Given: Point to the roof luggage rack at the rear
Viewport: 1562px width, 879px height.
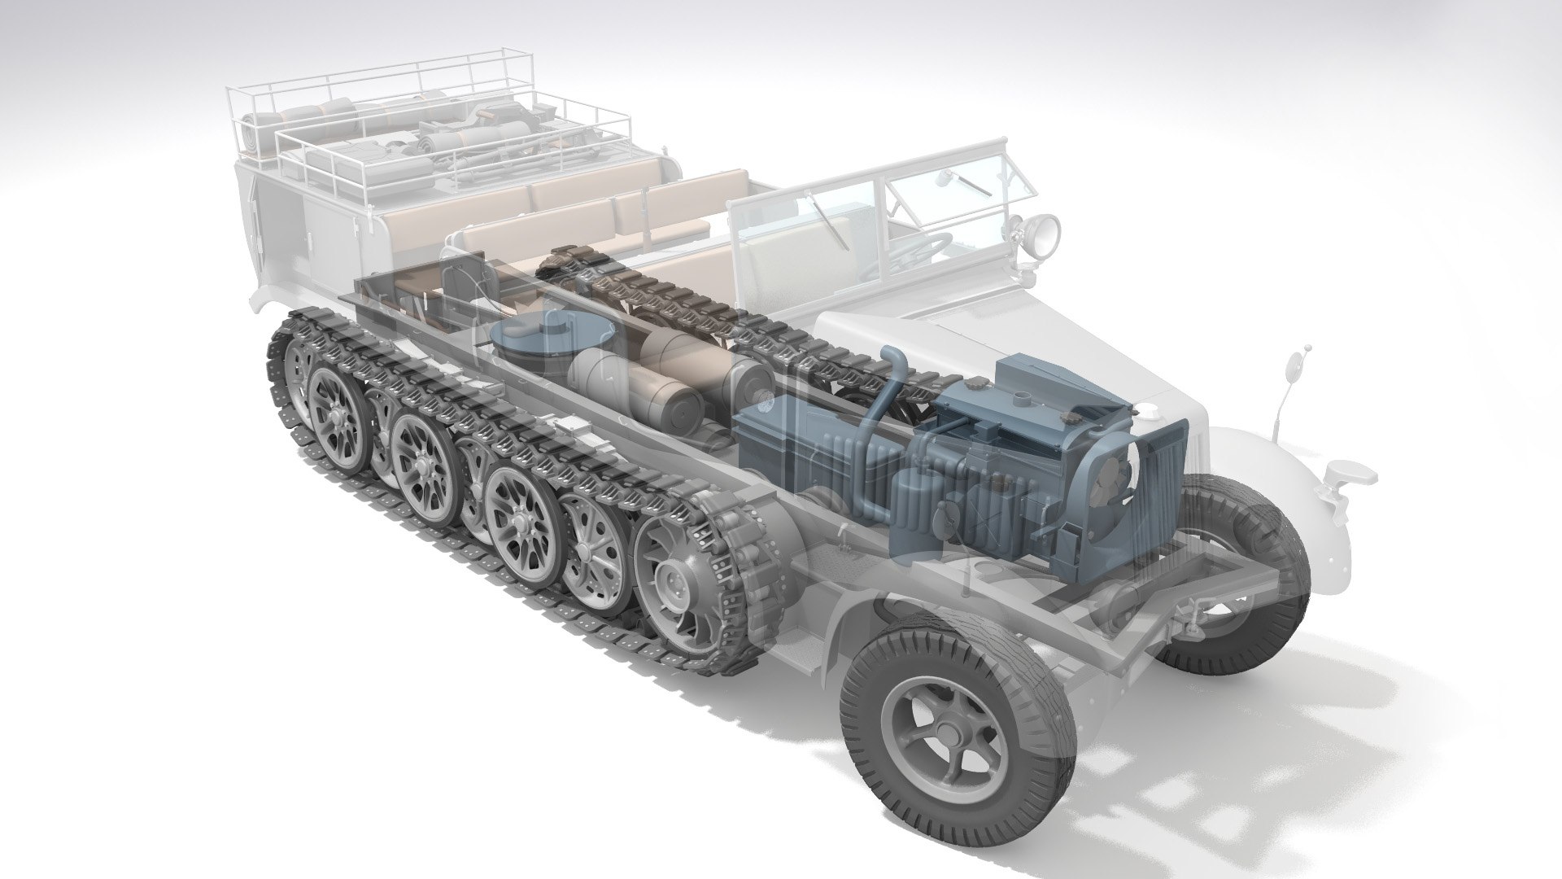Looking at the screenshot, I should (423, 122).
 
